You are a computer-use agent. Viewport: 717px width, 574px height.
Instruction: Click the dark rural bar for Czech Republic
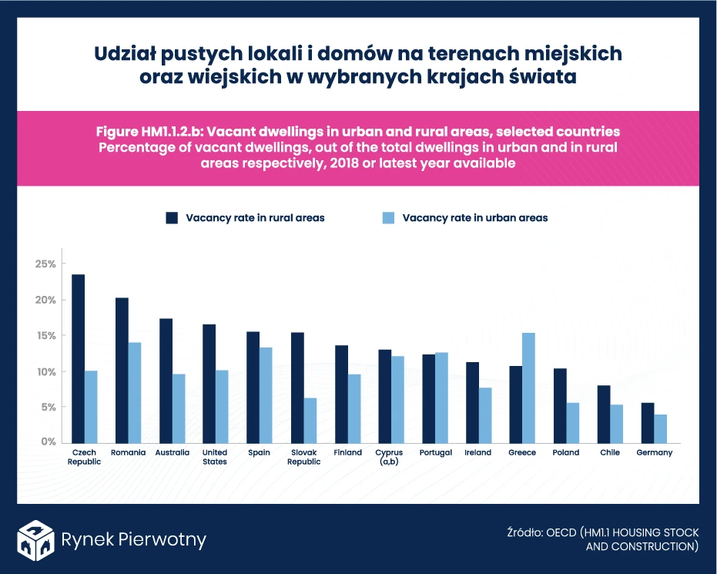point(78,357)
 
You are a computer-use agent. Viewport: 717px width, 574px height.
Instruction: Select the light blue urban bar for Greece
point(528,388)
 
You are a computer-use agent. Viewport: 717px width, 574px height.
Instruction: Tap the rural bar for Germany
point(648,422)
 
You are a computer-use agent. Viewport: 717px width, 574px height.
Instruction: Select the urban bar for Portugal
point(441,397)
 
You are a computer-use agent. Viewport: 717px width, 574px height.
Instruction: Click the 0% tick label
point(48,442)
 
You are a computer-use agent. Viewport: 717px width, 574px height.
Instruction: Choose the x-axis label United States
point(214,457)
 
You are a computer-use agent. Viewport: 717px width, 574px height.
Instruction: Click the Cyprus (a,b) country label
point(389,457)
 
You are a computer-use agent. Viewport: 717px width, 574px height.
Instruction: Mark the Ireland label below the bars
point(477,453)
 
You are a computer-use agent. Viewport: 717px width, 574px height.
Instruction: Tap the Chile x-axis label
point(610,453)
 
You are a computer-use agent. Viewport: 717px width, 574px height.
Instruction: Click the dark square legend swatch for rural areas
point(172,218)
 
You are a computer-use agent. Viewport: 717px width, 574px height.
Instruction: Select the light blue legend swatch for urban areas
point(388,218)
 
